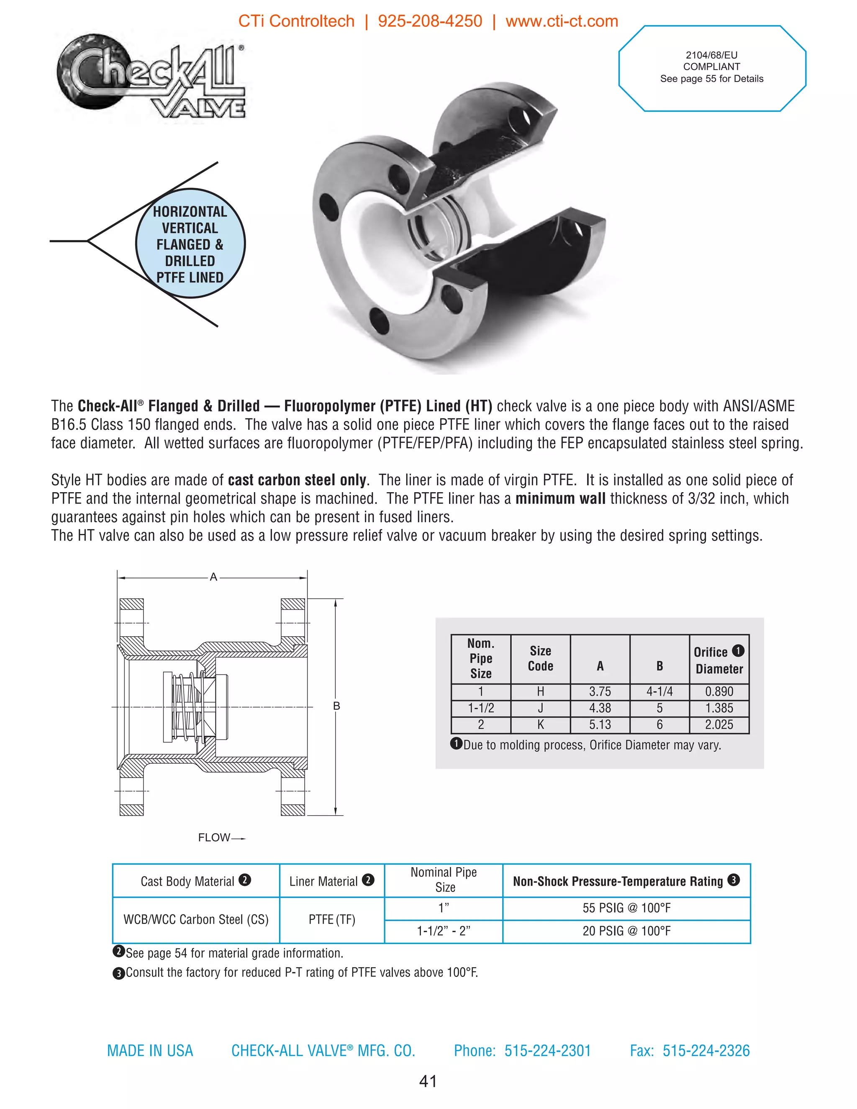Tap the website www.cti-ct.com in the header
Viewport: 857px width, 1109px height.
coord(562,21)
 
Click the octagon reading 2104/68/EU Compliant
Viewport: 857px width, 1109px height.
coord(711,67)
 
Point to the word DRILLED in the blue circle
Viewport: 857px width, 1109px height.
coord(190,261)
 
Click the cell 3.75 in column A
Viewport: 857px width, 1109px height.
coord(600,692)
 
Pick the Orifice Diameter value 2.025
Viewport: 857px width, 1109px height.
coord(719,724)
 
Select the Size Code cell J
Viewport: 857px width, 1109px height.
coord(540,708)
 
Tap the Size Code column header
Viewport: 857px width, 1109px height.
coord(540,659)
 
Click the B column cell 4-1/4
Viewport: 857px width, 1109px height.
coord(659,692)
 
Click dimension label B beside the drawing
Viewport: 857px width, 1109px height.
coord(336,706)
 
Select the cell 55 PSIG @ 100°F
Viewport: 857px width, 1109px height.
coord(626,908)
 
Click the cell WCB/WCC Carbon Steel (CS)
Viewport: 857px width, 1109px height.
coord(195,919)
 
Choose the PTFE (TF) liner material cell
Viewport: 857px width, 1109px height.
coord(331,919)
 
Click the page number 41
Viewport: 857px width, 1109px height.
coord(428,1081)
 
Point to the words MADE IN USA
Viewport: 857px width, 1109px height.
coord(150,1050)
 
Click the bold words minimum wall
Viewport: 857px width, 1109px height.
coord(560,499)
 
